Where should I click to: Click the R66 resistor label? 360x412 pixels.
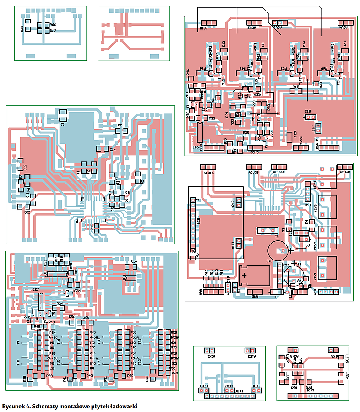coord(53,25)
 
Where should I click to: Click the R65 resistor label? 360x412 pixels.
coord(295,86)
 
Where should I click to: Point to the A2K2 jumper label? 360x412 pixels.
coord(233,203)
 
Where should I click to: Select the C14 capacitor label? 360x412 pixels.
coord(112,149)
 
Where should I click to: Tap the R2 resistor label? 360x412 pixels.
coord(142,182)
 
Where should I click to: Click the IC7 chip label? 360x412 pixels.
coord(36,290)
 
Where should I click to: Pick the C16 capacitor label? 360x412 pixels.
coord(134,261)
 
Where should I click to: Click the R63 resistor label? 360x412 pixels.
coord(175,373)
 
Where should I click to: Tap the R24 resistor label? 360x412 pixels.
coord(60,304)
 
